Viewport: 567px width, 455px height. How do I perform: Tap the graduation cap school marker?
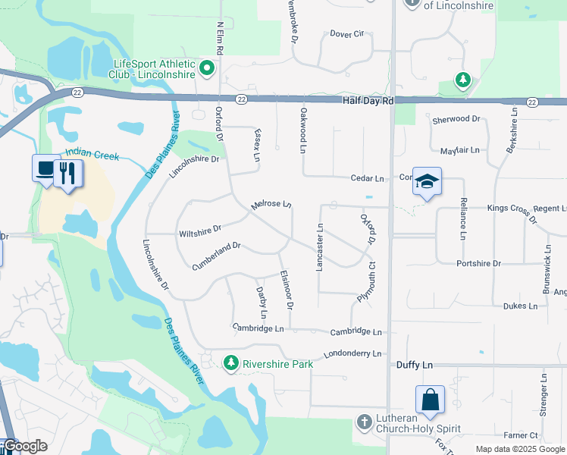tap(428, 181)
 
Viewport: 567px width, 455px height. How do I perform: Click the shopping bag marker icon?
tap(430, 400)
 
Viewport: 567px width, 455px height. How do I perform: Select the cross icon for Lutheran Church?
tap(365, 422)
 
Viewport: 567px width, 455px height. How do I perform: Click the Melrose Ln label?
tap(271, 204)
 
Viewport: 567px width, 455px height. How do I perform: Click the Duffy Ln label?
tap(415, 365)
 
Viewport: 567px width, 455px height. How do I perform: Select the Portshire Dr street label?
tap(478, 263)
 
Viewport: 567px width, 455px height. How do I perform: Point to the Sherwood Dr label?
tap(456, 119)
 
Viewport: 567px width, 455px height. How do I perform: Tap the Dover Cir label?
tap(347, 33)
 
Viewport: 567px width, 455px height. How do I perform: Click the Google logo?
tap(25, 446)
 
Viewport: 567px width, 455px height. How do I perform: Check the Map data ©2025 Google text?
tap(518, 449)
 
